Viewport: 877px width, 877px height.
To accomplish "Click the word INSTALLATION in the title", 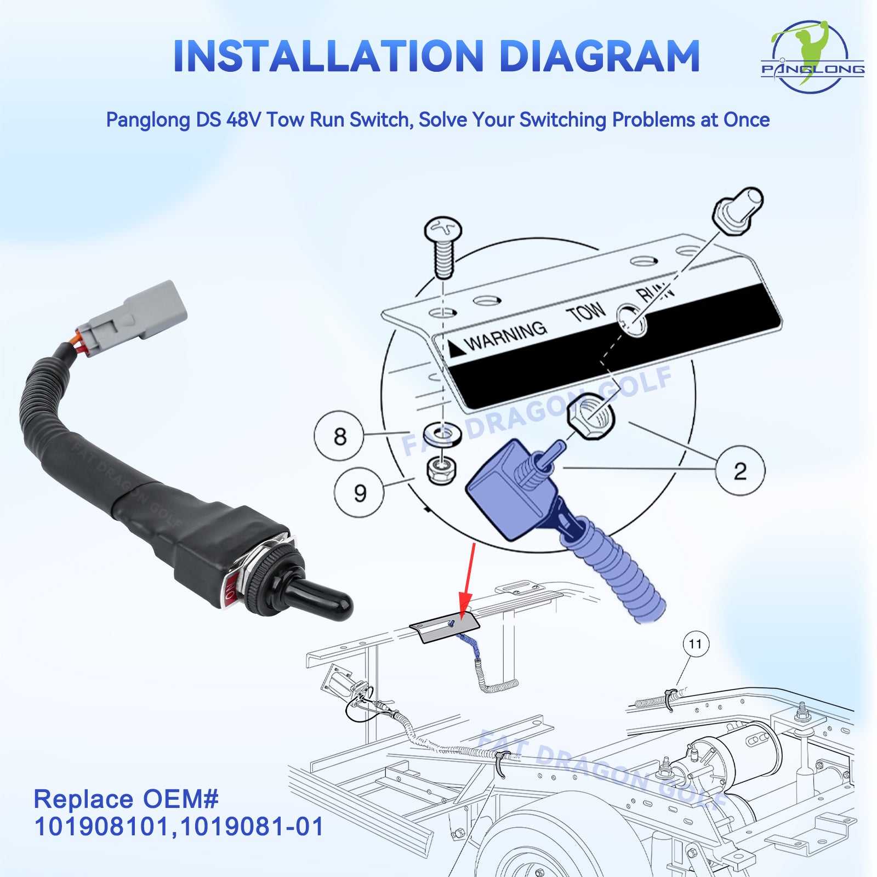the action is point(328,56).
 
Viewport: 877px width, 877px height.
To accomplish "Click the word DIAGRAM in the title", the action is point(600,56).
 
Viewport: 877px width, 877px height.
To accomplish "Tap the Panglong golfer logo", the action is point(812,56).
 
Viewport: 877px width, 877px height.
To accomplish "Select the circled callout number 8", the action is point(339,436).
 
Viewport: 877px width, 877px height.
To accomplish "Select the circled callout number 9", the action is point(359,492).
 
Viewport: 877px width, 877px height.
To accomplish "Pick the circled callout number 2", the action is point(740,471).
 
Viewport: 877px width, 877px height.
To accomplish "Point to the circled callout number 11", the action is point(696,644).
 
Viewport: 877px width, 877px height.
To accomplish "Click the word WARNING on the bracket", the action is point(505,335).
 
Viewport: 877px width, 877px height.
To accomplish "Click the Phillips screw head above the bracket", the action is point(443,231).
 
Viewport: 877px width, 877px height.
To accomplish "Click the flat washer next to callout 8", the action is point(443,434).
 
